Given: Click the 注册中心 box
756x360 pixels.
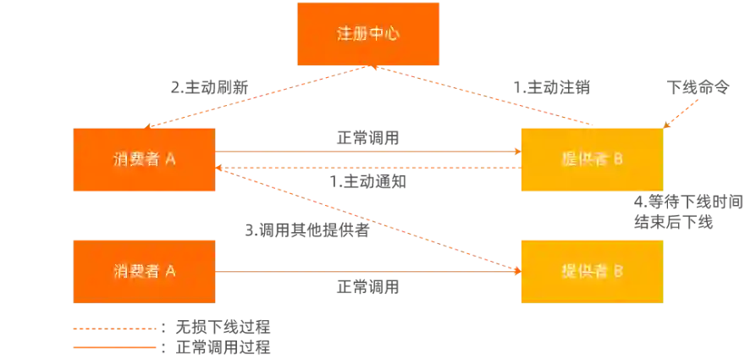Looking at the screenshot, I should (x=367, y=34).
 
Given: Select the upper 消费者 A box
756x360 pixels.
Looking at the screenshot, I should (x=144, y=159).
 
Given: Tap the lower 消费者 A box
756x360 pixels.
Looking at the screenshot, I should (x=144, y=271).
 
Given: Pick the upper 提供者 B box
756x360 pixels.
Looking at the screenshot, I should (x=591, y=159).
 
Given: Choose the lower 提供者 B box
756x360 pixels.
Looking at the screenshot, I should (x=591, y=271).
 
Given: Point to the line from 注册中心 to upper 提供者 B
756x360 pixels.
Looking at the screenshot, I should (x=483, y=97).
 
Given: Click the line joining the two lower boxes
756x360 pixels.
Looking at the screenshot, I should (x=364, y=273).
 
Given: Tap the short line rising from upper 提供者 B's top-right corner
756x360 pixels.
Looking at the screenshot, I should (x=684, y=111).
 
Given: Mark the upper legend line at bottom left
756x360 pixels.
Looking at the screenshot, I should (x=113, y=328).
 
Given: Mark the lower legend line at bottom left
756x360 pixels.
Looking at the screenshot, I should (x=113, y=347).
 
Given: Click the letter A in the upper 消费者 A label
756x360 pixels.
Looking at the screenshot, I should (x=170, y=159).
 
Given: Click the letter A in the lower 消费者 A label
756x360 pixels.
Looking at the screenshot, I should (x=170, y=271).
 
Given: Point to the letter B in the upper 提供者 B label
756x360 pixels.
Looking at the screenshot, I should (x=617, y=159).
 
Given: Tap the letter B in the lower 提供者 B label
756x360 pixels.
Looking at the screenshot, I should (x=617, y=271).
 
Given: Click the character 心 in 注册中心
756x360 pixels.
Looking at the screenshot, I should (x=391, y=34).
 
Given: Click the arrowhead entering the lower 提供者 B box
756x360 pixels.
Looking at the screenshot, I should (x=514, y=270).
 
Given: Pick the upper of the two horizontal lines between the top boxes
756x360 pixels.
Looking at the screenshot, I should (x=364, y=152).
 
